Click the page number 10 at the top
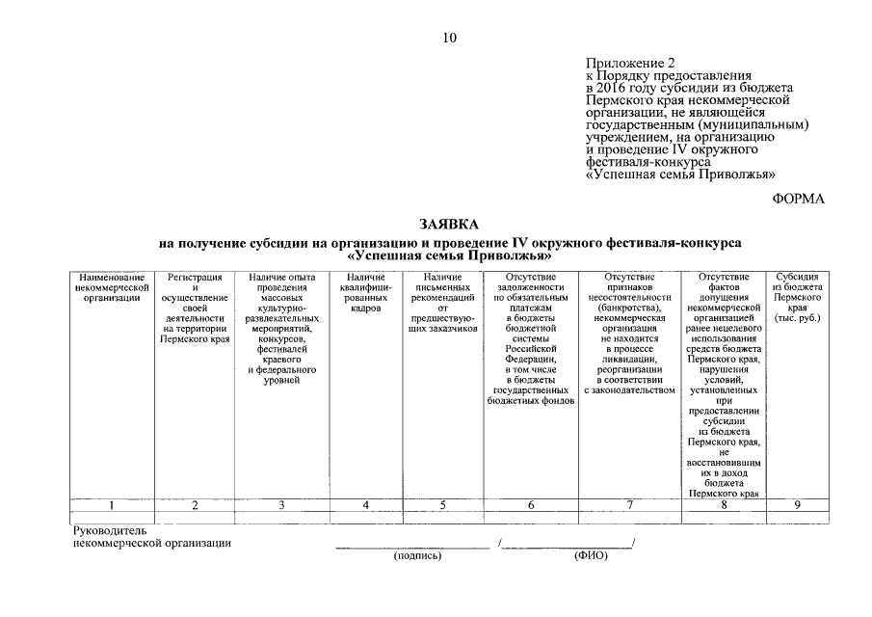pos(449,39)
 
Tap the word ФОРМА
pos(799,199)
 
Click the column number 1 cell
pos(112,504)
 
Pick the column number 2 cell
pos(195,504)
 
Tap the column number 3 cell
pos(281,504)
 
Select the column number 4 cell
pos(365,504)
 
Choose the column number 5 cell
pos(443,504)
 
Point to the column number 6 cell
pos(531,504)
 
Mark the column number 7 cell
pos(629,504)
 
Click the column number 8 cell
pos(724,504)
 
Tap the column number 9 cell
pos(796,504)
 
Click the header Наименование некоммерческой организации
pos(112,287)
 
